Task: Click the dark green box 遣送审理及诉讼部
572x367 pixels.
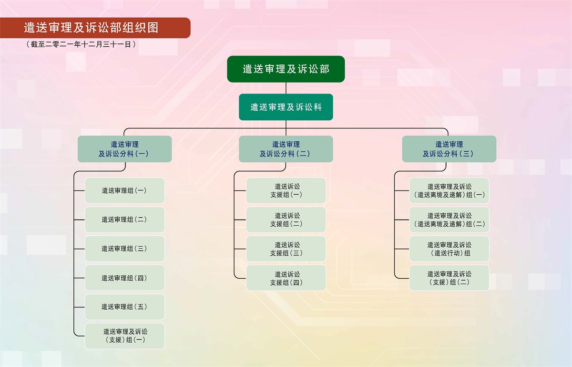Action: [286, 69]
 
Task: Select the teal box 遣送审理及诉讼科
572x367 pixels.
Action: [286, 107]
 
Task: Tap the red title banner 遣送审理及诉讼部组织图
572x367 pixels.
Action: [95, 28]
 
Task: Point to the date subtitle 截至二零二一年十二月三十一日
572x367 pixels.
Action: [81, 44]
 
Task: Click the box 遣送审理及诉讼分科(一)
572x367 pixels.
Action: [124, 149]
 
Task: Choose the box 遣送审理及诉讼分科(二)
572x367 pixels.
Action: [286, 149]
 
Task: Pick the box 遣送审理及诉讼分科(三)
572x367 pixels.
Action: [449, 149]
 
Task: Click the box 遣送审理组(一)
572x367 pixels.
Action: [124, 190]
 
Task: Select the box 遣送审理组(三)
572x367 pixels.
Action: [124, 249]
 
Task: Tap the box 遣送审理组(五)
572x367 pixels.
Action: [124, 307]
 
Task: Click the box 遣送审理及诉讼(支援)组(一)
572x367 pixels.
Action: [124, 336]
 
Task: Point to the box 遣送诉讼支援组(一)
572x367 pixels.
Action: [286, 190]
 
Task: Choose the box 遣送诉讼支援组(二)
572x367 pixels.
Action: [286, 220]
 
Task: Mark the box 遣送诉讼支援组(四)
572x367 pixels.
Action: [286, 278]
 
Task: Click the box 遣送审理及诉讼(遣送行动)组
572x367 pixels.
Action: [449, 249]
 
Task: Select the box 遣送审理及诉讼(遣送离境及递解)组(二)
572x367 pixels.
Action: [449, 220]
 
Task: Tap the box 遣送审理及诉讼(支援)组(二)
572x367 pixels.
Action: [449, 278]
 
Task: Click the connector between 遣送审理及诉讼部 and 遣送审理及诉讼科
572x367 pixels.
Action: [286, 88]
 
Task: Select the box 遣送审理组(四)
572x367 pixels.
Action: [124, 278]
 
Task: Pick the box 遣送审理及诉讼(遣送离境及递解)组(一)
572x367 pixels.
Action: [449, 190]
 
